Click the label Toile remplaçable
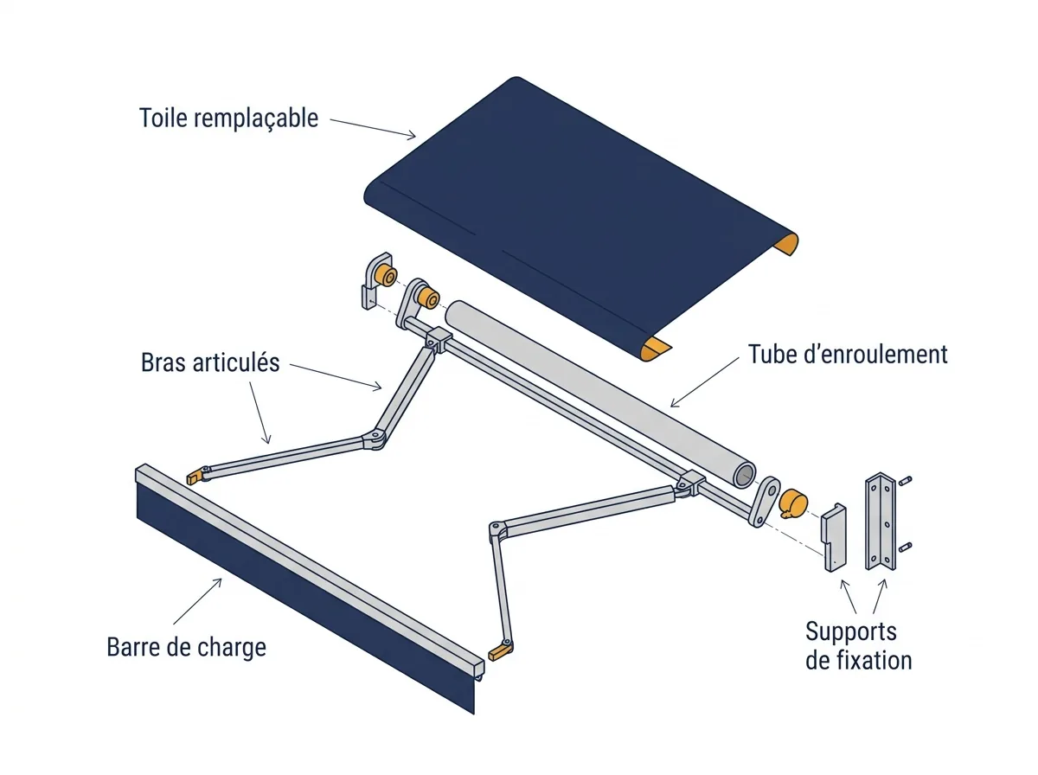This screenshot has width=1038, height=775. [228, 118]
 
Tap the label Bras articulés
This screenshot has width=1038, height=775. [210, 362]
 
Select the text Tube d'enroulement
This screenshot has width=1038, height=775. [848, 354]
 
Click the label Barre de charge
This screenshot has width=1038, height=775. [186, 647]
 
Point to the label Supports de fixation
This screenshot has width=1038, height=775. [858, 646]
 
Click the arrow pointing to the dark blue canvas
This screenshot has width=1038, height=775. [373, 129]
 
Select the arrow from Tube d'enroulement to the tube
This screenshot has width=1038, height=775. [705, 382]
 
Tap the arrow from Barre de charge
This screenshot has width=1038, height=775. [198, 601]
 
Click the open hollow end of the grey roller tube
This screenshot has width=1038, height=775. [744, 475]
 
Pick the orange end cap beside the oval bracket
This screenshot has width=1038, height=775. [793, 504]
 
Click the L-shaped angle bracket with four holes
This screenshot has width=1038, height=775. [880, 522]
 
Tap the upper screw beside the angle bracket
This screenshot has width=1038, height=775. [905, 481]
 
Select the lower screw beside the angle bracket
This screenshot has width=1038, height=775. [905, 548]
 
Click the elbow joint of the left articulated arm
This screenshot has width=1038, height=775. [375, 439]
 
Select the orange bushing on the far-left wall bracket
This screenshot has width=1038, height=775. [387, 276]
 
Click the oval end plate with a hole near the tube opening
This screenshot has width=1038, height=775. [764, 501]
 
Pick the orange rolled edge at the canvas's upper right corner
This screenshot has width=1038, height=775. [786, 245]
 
